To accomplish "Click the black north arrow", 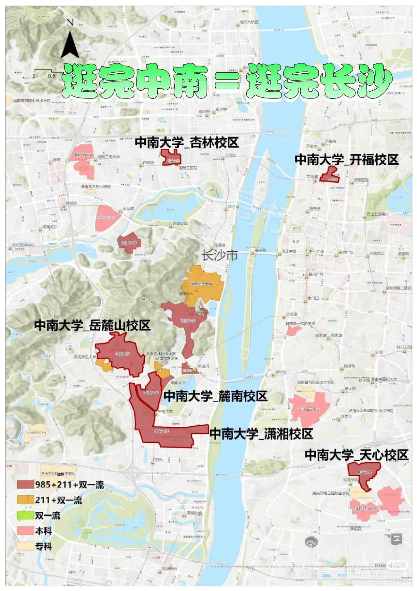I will [70, 44].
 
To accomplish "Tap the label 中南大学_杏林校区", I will [187, 143].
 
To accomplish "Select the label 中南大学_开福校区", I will [347, 160].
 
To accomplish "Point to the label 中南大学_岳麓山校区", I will [92, 326].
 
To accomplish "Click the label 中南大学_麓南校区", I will [215, 396].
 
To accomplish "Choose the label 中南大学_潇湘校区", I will [261, 434].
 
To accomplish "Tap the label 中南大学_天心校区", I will [356, 455].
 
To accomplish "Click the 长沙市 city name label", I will [220, 255].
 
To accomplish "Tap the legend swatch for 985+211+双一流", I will [25, 484].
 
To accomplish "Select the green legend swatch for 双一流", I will [25, 516].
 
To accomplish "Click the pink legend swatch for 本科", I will [25, 531].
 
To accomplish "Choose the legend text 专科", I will [44, 547].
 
